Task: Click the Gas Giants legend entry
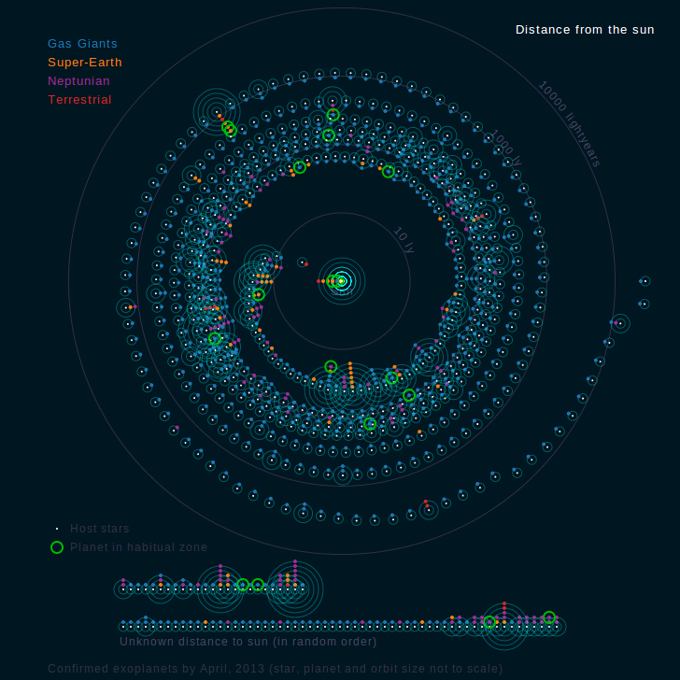pyautogui.click(x=82, y=44)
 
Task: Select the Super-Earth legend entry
pyautogui.click(x=85, y=63)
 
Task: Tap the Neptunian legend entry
pyautogui.click(x=79, y=81)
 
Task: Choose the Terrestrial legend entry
pyautogui.click(x=79, y=100)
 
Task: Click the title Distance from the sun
pyautogui.click(x=585, y=30)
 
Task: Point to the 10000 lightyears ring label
pyautogui.click(x=569, y=123)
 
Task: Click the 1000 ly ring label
pyautogui.click(x=505, y=148)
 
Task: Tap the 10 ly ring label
pyautogui.click(x=404, y=240)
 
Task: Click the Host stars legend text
pyautogui.click(x=100, y=529)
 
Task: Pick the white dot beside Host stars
pyautogui.click(x=57, y=529)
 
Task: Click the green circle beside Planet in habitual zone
pyautogui.click(x=57, y=547)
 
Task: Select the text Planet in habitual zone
pyautogui.click(x=139, y=547)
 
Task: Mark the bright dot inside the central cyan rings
pyautogui.click(x=342, y=281)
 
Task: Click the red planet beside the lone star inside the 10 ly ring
pyautogui.click(x=306, y=264)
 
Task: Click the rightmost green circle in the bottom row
pyautogui.click(x=549, y=617)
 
